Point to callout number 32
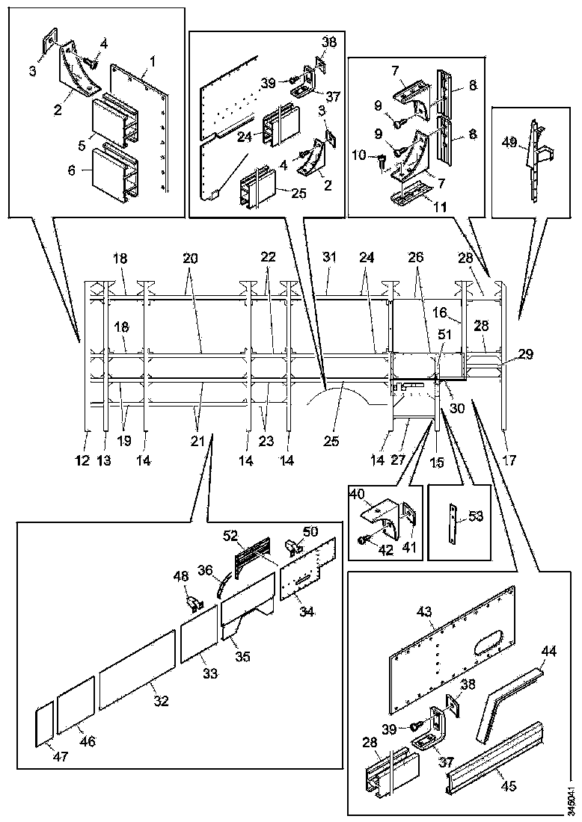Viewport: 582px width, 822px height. [x=161, y=701]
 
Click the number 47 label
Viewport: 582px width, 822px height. [x=61, y=756]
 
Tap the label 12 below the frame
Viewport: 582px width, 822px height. [x=83, y=461]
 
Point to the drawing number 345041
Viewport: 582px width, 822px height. [x=572, y=800]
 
